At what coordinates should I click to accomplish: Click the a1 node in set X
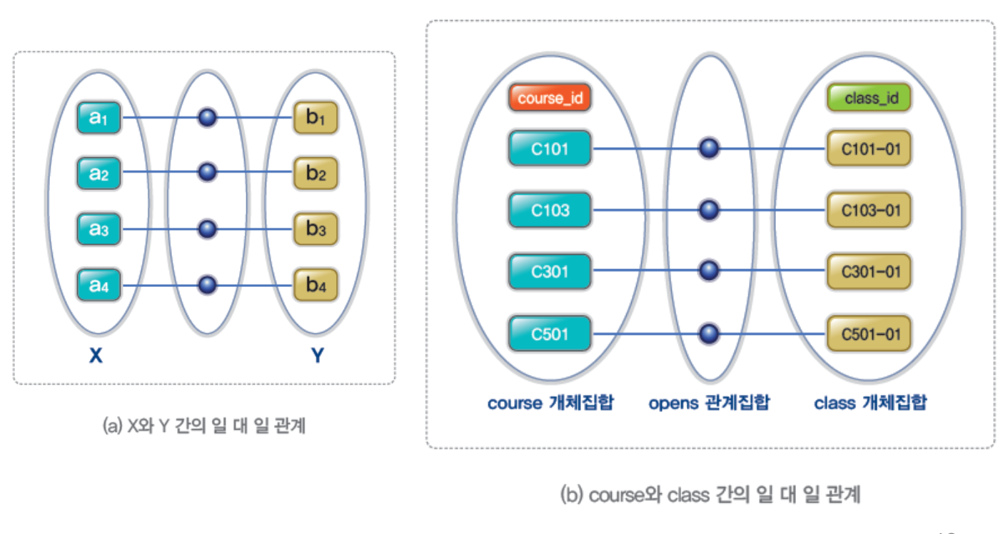tap(100, 118)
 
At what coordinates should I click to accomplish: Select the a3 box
tap(100, 230)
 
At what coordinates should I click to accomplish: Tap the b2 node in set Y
tap(316, 173)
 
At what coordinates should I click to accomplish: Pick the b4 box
tap(316, 286)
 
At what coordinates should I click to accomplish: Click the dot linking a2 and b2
tap(207, 172)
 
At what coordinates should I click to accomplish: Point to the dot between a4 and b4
tap(207, 285)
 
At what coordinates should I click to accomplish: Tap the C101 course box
tap(550, 149)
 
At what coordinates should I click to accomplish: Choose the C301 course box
tap(550, 271)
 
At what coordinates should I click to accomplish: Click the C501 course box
tap(550, 333)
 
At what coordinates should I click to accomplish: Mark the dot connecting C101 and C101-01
tap(708, 148)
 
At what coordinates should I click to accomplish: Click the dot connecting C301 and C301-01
tap(708, 271)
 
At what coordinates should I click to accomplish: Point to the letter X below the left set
tap(96, 356)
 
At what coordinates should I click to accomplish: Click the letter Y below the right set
tap(317, 356)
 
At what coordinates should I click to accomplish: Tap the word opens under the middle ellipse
tap(672, 403)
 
